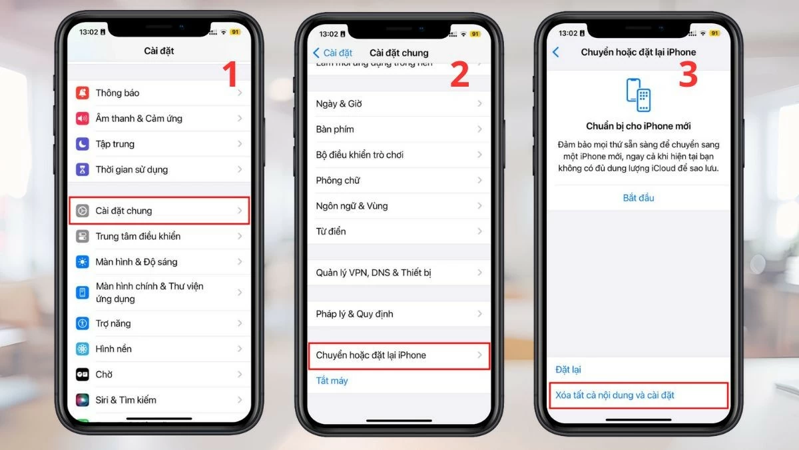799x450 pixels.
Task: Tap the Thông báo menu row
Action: click(160, 93)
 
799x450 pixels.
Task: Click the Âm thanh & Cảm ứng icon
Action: click(83, 119)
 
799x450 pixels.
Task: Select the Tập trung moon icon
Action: click(83, 144)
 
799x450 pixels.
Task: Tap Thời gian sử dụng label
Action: click(131, 169)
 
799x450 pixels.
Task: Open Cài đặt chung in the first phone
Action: click(160, 211)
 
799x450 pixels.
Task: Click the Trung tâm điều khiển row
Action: click(160, 236)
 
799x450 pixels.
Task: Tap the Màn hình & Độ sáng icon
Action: click(83, 262)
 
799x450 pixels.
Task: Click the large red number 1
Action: click(229, 75)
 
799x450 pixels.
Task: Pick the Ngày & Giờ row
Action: click(398, 104)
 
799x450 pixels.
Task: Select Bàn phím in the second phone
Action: click(398, 129)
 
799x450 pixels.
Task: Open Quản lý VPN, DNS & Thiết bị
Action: click(398, 273)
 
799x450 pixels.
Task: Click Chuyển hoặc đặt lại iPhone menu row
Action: click(398, 355)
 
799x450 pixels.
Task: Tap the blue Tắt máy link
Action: click(332, 381)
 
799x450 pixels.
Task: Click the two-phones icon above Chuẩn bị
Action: click(639, 95)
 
